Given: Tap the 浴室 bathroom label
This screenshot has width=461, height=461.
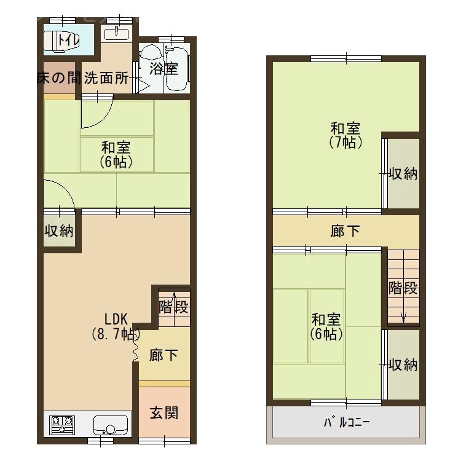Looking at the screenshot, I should [164, 68].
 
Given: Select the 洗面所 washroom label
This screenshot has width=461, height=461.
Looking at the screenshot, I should [106, 79].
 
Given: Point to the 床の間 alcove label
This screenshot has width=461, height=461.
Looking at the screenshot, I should [58, 79].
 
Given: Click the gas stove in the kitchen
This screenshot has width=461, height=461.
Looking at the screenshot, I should [61, 424].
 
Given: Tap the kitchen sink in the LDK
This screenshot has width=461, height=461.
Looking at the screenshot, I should [111, 424].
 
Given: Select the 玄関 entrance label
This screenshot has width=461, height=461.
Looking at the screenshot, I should [164, 412].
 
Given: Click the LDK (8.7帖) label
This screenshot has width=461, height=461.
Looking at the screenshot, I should [116, 327].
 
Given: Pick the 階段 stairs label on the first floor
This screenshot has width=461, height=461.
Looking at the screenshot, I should [173, 307].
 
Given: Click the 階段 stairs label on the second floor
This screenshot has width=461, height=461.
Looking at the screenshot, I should [403, 288].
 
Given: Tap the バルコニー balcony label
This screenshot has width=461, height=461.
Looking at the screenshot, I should [346, 423].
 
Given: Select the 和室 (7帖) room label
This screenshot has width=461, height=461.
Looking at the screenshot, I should [345, 135].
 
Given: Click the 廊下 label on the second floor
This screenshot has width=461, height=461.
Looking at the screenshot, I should [345, 231].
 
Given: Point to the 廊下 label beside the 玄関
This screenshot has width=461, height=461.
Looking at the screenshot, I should [164, 355].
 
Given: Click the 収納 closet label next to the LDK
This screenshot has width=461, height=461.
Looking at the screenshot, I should [59, 231].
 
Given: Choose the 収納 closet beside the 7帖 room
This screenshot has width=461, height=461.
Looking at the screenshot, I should [403, 174].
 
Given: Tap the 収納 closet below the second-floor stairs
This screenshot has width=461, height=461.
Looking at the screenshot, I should [403, 365].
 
